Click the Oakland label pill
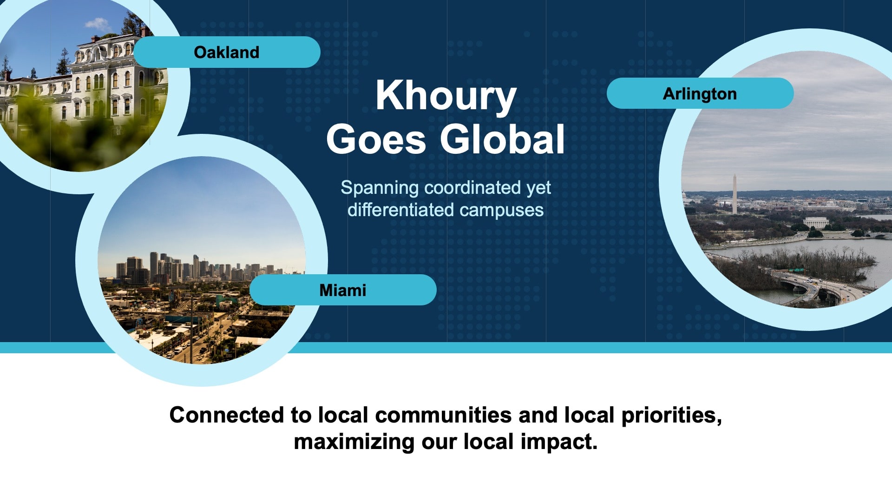227,52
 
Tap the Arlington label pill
700,93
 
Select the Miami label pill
343,290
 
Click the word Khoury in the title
446,96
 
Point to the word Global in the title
503,139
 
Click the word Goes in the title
376,139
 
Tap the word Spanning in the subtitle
380,188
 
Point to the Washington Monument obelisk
735,194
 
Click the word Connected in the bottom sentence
226,415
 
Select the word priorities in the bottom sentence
671,416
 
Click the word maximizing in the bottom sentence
354,442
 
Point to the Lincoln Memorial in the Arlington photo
816,222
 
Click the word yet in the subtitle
539,188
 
